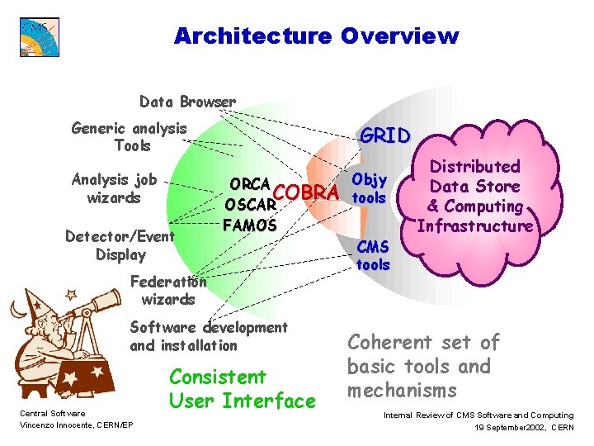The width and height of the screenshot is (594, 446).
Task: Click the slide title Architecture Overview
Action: point(316,36)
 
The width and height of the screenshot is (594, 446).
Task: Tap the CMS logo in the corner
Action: point(40,36)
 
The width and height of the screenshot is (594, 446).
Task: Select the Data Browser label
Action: point(187,102)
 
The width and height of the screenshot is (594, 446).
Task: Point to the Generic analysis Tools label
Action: point(130,137)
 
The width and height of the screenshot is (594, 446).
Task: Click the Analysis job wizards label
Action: point(114,188)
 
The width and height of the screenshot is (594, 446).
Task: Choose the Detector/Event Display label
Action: point(120,245)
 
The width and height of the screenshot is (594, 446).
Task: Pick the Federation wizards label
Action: point(168,290)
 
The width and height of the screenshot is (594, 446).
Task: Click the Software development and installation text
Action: point(209,336)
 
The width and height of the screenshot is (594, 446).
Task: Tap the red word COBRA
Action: point(306,192)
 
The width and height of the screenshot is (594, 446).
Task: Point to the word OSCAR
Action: point(249,204)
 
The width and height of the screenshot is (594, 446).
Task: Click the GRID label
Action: point(384,136)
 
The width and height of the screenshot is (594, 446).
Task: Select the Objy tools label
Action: point(369,189)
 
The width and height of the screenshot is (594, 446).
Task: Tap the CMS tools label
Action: point(373,256)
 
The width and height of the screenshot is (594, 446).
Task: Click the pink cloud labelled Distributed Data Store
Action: point(474,197)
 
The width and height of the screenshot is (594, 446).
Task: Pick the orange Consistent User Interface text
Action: point(242,389)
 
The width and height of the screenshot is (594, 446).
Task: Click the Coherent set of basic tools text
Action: point(424,366)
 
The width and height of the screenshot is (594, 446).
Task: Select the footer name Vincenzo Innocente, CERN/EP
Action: point(71,425)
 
